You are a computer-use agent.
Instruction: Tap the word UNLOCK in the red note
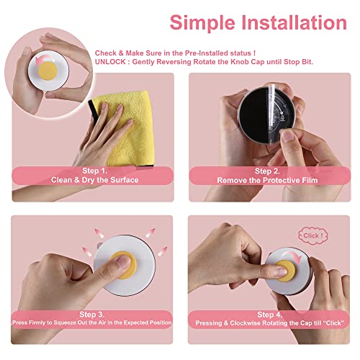coord(110,62)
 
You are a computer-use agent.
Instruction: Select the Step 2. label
coord(266,171)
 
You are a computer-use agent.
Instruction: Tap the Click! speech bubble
coord(312,235)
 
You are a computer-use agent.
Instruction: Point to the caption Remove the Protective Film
coord(266,180)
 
